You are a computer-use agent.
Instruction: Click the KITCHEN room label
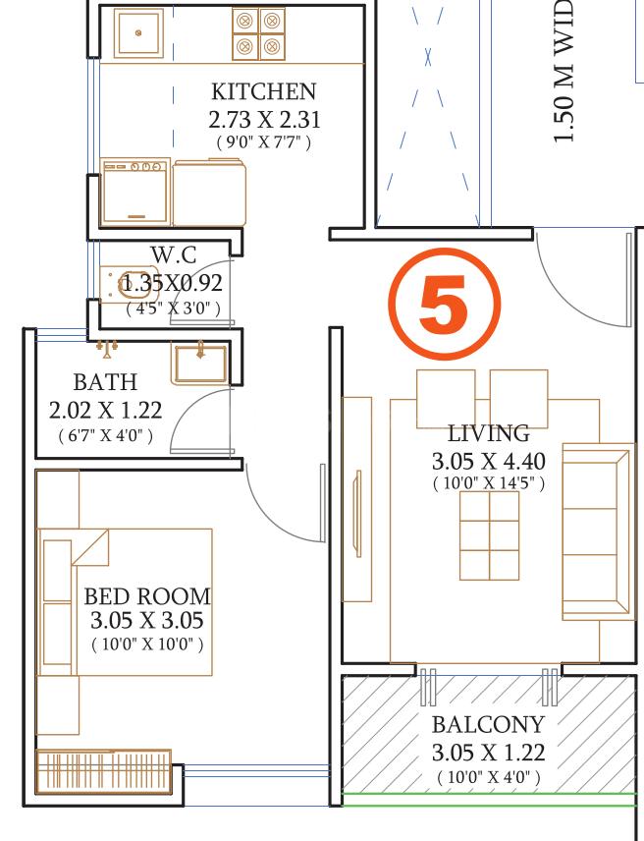click(x=264, y=92)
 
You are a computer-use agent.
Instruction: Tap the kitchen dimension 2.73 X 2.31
click(x=264, y=120)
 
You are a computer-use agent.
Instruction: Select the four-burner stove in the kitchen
click(x=258, y=33)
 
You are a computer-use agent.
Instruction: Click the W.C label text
click(x=173, y=255)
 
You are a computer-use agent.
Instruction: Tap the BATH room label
click(x=105, y=382)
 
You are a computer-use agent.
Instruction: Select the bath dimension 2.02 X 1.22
click(x=105, y=410)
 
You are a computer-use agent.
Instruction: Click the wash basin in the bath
click(x=200, y=362)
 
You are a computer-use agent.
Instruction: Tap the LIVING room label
click(x=488, y=433)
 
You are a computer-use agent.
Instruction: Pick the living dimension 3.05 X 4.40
click(x=488, y=461)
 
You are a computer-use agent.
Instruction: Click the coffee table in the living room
click(x=489, y=535)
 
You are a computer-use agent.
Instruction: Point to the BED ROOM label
click(x=147, y=596)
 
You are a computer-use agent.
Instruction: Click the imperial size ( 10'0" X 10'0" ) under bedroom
click(x=147, y=645)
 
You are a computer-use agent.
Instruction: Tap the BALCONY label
click(x=488, y=726)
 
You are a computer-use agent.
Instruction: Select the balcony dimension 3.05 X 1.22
click(x=488, y=754)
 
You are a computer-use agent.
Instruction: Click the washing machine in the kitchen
click(x=135, y=192)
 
